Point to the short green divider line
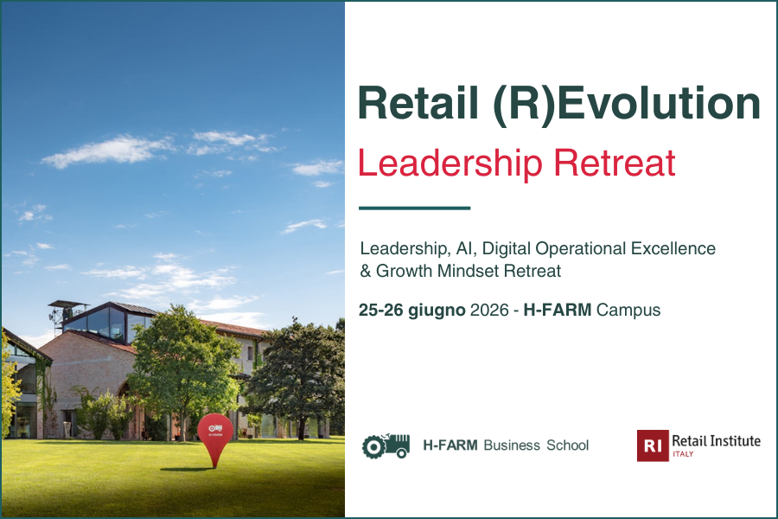pyautogui.click(x=414, y=208)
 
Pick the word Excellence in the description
pyautogui.click(x=677, y=249)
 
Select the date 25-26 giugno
pyautogui.click(x=413, y=310)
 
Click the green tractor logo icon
pyautogui.click(x=386, y=445)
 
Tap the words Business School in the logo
pyautogui.click(x=536, y=445)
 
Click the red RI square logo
pyautogui.click(x=652, y=445)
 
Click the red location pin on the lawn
pyautogui.click(x=214, y=432)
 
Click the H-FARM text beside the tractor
pyautogui.click(x=450, y=445)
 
